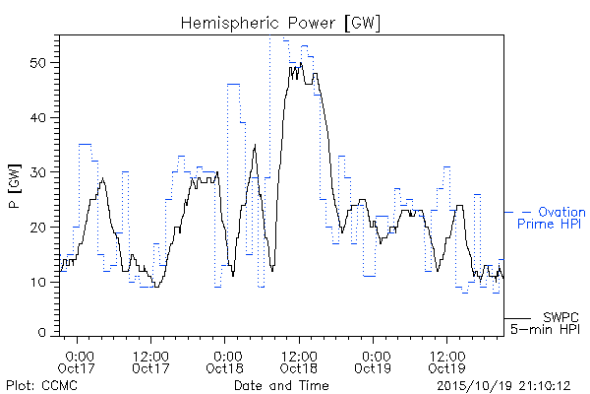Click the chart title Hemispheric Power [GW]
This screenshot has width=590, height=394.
[x=280, y=24]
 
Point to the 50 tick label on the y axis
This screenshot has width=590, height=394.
[x=39, y=63]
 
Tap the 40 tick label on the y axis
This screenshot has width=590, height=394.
[x=39, y=117]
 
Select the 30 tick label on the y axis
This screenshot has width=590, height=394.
[x=39, y=172]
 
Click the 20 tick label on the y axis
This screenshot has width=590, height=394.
[x=39, y=228]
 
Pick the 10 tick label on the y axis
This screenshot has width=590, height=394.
[x=39, y=282]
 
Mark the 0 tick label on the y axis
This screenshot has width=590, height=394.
[x=42, y=333]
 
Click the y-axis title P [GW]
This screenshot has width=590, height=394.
[x=15, y=186]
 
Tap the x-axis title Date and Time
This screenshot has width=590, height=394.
[x=281, y=386]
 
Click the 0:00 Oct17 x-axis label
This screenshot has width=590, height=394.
[x=77, y=361]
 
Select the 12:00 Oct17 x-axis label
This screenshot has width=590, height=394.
[x=150, y=361]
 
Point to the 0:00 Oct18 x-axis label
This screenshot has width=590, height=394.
[x=224, y=361]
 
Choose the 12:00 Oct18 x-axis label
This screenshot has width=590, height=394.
[x=299, y=361]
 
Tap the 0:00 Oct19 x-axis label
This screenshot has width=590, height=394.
[x=373, y=361]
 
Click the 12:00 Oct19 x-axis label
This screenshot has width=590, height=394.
[x=446, y=361]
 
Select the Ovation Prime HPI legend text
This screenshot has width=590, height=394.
[x=552, y=218]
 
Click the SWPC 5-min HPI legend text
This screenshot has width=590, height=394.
[x=545, y=323]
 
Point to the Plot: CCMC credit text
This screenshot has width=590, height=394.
[x=41, y=386]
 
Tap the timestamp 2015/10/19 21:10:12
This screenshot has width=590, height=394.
[x=503, y=386]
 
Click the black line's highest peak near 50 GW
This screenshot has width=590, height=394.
[x=301, y=63]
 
